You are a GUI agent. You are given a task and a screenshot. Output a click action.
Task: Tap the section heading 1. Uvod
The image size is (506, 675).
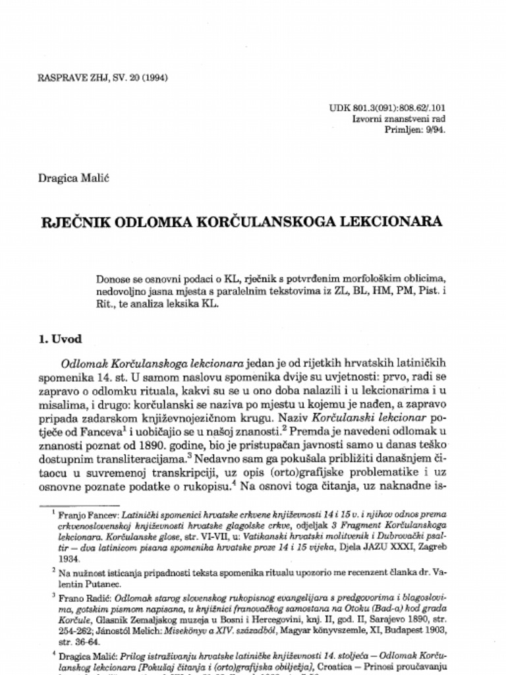tap(61, 339)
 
